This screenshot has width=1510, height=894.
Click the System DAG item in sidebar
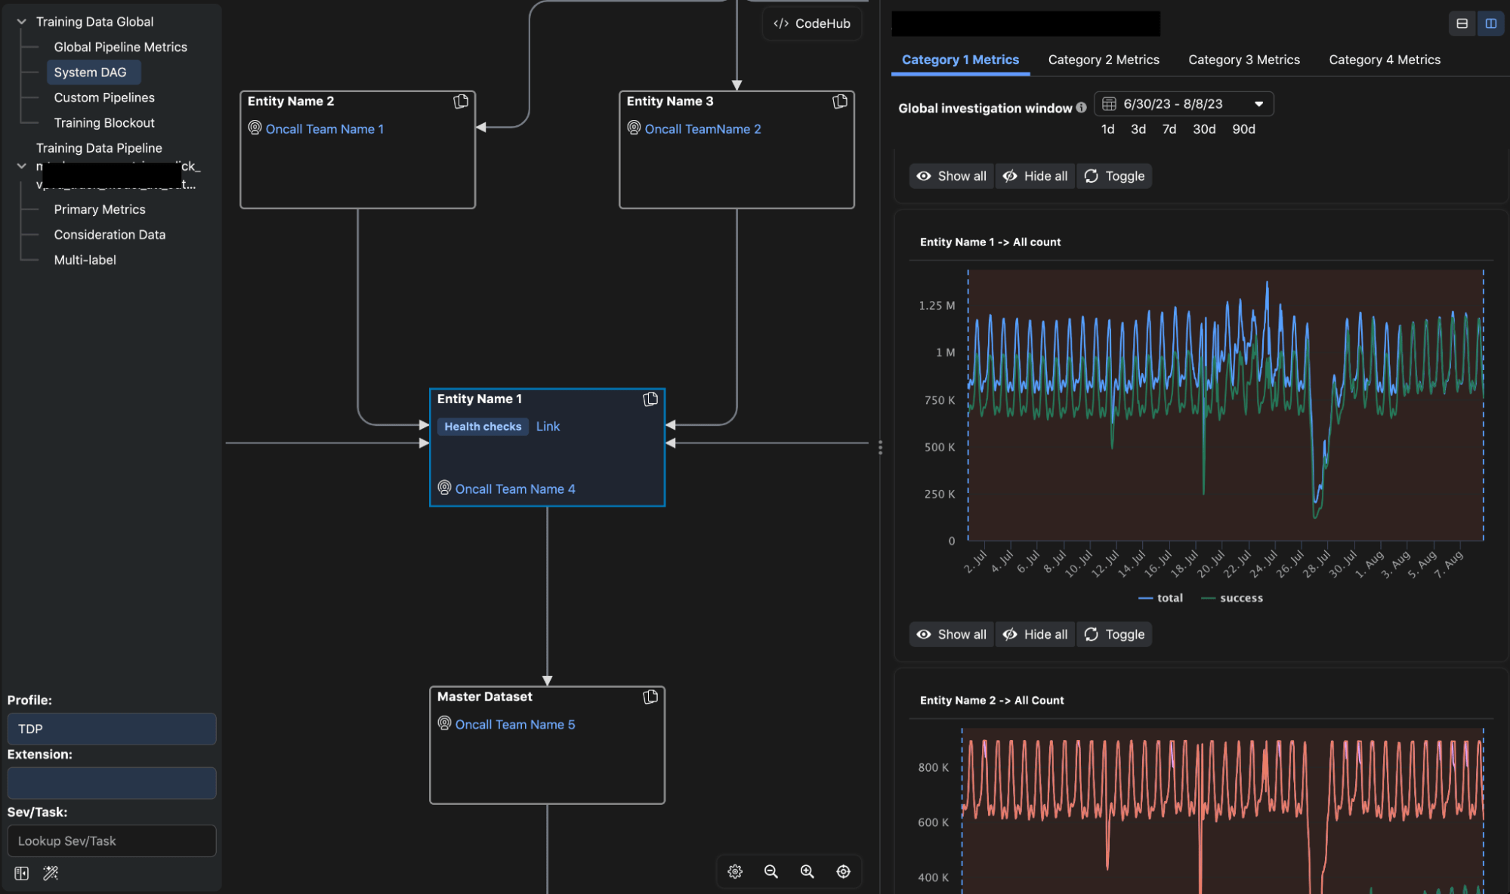point(90,72)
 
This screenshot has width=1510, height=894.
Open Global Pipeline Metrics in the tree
point(120,47)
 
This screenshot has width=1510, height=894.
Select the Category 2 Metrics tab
point(1103,60)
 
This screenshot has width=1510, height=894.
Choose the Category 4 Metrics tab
point(1384,60)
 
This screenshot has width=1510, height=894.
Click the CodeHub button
point(812,23)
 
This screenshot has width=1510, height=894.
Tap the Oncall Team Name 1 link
point(324,129)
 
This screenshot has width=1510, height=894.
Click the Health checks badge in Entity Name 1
point(483,427)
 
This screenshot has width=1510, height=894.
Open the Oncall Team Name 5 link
point(514,724)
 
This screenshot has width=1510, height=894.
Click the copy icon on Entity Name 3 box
point(839,101)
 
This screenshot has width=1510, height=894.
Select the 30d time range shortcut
point(1203,129)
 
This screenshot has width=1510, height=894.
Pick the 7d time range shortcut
point(1169,129)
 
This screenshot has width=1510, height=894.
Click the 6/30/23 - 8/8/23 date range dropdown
point(1183,103)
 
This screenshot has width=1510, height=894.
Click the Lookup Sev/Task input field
point(112,840)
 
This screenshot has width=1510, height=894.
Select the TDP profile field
point(112,729)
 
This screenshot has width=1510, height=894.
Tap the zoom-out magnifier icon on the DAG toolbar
point(770,871)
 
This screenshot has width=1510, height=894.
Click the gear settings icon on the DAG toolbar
point(735,871)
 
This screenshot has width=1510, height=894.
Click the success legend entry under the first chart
point(1240,598)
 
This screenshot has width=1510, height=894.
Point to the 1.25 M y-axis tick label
point(936,305)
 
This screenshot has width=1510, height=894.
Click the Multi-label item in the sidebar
point(85,260)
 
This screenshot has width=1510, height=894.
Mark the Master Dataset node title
point(484,696)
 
